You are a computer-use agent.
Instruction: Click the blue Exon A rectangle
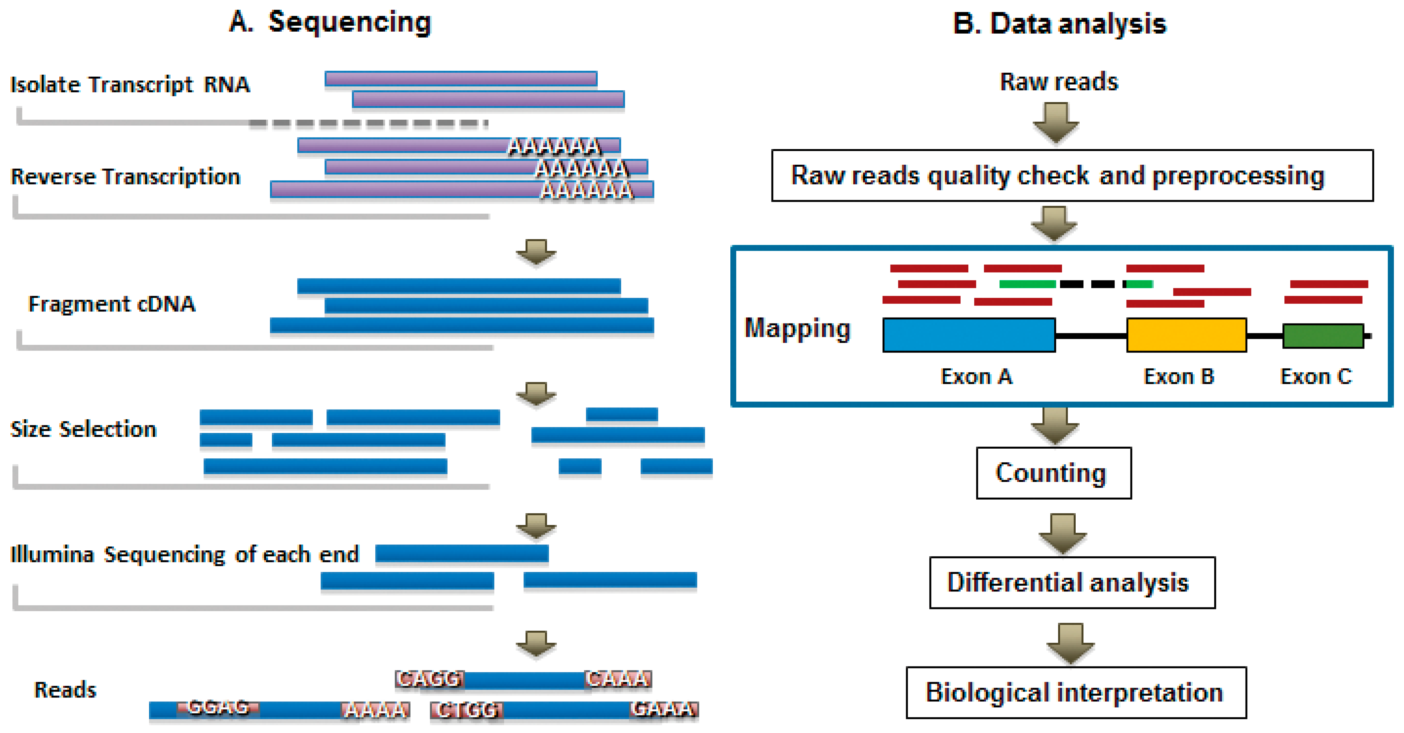[x=968, y=335]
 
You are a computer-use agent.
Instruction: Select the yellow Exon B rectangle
[x=1186, y=335]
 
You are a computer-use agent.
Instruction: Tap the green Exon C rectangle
[x=1323, y=336]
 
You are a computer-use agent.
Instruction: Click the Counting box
[x=1053, y=473]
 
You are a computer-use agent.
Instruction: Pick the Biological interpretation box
[x=1075, y=692]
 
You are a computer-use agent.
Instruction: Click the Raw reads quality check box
[x=1071, y=175]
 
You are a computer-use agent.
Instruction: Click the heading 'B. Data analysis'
[x=1059, y=24]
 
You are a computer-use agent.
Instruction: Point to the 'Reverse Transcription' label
[x=125, y=177]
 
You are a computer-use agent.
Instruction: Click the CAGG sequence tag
[x=429, y=679]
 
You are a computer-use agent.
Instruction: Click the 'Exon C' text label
[x=1316, y=377]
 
